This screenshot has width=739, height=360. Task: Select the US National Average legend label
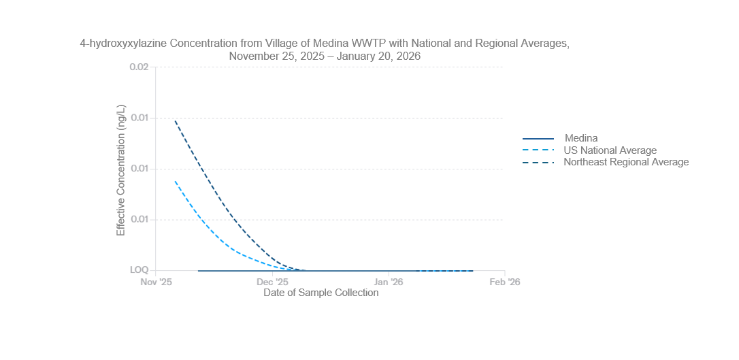coord(610,150)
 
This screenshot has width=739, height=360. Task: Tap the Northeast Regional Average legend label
coord(626,162)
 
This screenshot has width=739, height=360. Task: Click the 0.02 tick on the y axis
coord(139,67)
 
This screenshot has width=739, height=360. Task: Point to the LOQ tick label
coord(139,270)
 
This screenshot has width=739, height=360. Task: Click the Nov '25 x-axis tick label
coord(156,282)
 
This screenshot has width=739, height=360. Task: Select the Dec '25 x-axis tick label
coord(272,282)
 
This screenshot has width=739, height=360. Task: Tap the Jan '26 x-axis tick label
coord(389,282)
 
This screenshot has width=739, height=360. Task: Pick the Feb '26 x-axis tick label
coord(505,282)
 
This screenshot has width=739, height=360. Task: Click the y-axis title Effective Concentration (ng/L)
coord(121,170)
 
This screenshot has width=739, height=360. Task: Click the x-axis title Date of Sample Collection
coord(321,293)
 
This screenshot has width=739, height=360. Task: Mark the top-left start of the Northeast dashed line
coord(175,120)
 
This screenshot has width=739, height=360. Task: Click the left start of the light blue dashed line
coord(175,181)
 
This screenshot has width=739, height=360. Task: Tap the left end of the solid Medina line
coord(198,271)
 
